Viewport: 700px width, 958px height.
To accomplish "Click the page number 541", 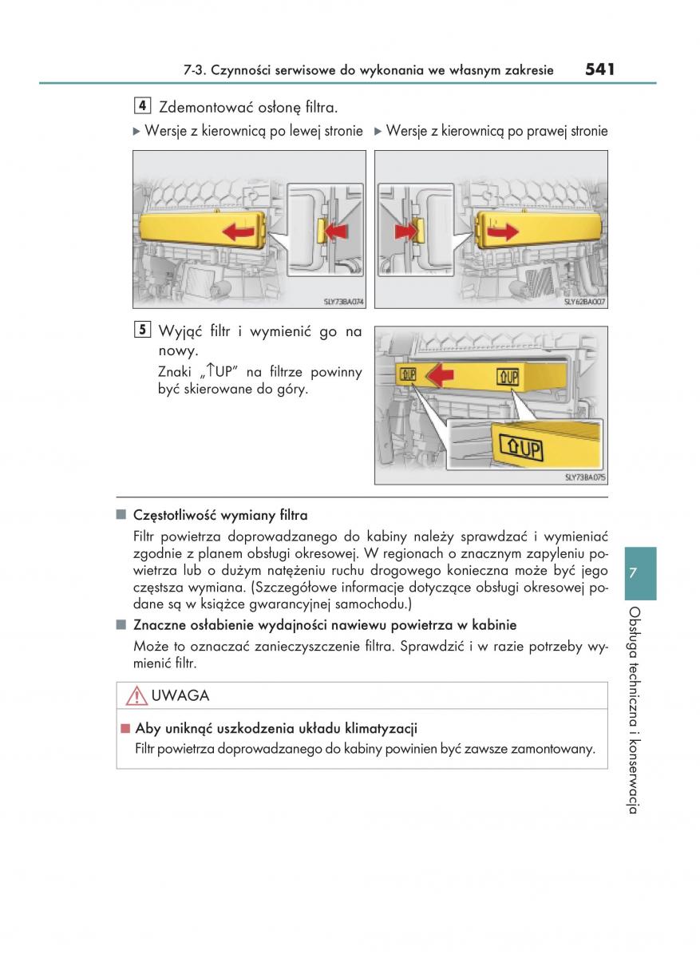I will tap(599, 69).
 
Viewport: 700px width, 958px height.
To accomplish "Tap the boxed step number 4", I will tap(140, 105).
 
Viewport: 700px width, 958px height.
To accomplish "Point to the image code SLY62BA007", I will tap(585, 302).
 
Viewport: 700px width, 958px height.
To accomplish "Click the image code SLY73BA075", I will tap(586, 477).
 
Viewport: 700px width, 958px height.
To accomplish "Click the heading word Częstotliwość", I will tap(171, 516).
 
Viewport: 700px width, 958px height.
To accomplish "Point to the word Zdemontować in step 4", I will tap(199, 107).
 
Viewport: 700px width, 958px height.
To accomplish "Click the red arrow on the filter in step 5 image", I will tap(437, 374).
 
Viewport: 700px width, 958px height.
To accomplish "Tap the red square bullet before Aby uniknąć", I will tap(125, 728).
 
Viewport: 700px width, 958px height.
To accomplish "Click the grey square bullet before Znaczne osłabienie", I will tap(121, 624).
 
